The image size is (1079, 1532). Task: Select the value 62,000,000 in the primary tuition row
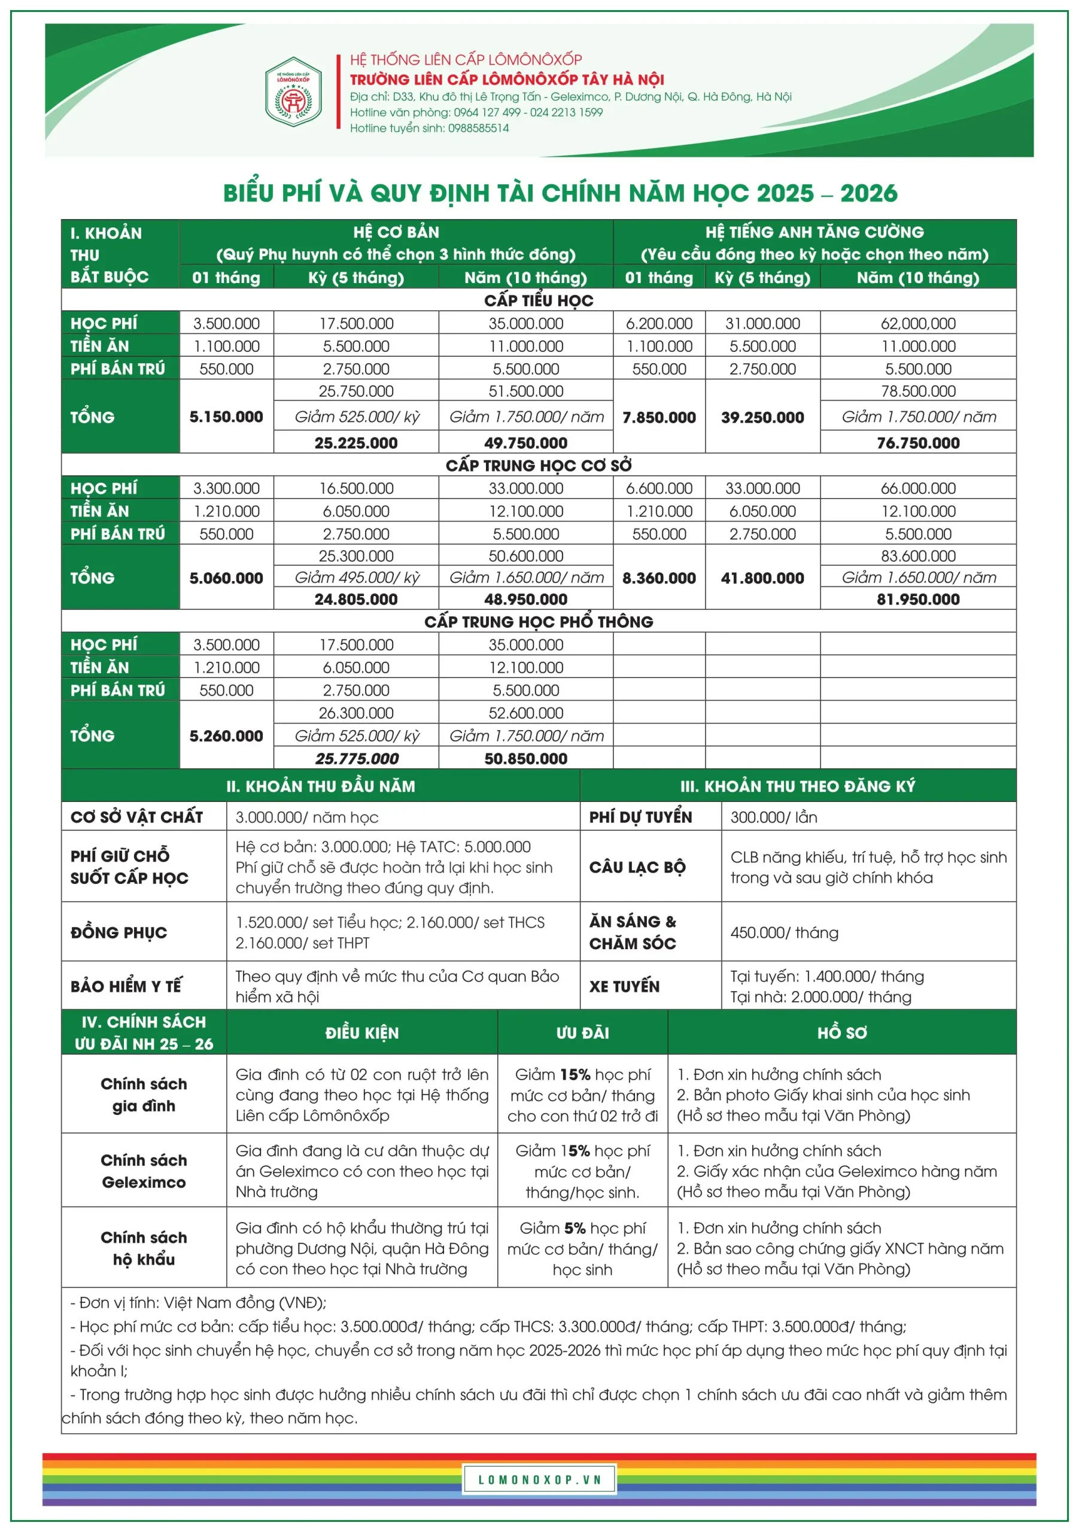(x=917, y=324)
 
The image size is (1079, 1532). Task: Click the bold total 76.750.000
(x=917, y=443)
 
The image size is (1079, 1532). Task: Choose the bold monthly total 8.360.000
(x=659, y=579)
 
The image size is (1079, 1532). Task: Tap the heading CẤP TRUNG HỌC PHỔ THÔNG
(x=539, y=622)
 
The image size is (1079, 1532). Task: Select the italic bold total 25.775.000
(x=356, y=759)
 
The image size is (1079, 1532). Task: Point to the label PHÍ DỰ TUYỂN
(x=640, y=817)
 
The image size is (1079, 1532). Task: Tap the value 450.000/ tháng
(x=784, y=933)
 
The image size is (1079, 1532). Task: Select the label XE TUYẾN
(x=624, y=986)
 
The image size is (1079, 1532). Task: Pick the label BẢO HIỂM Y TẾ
(x=126, y=986)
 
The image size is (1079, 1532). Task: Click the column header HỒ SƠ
(x=841, y=1033)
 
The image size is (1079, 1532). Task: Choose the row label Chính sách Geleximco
(x=144, y=1171)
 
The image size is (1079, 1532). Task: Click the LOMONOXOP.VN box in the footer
(x=539, y=1480)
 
